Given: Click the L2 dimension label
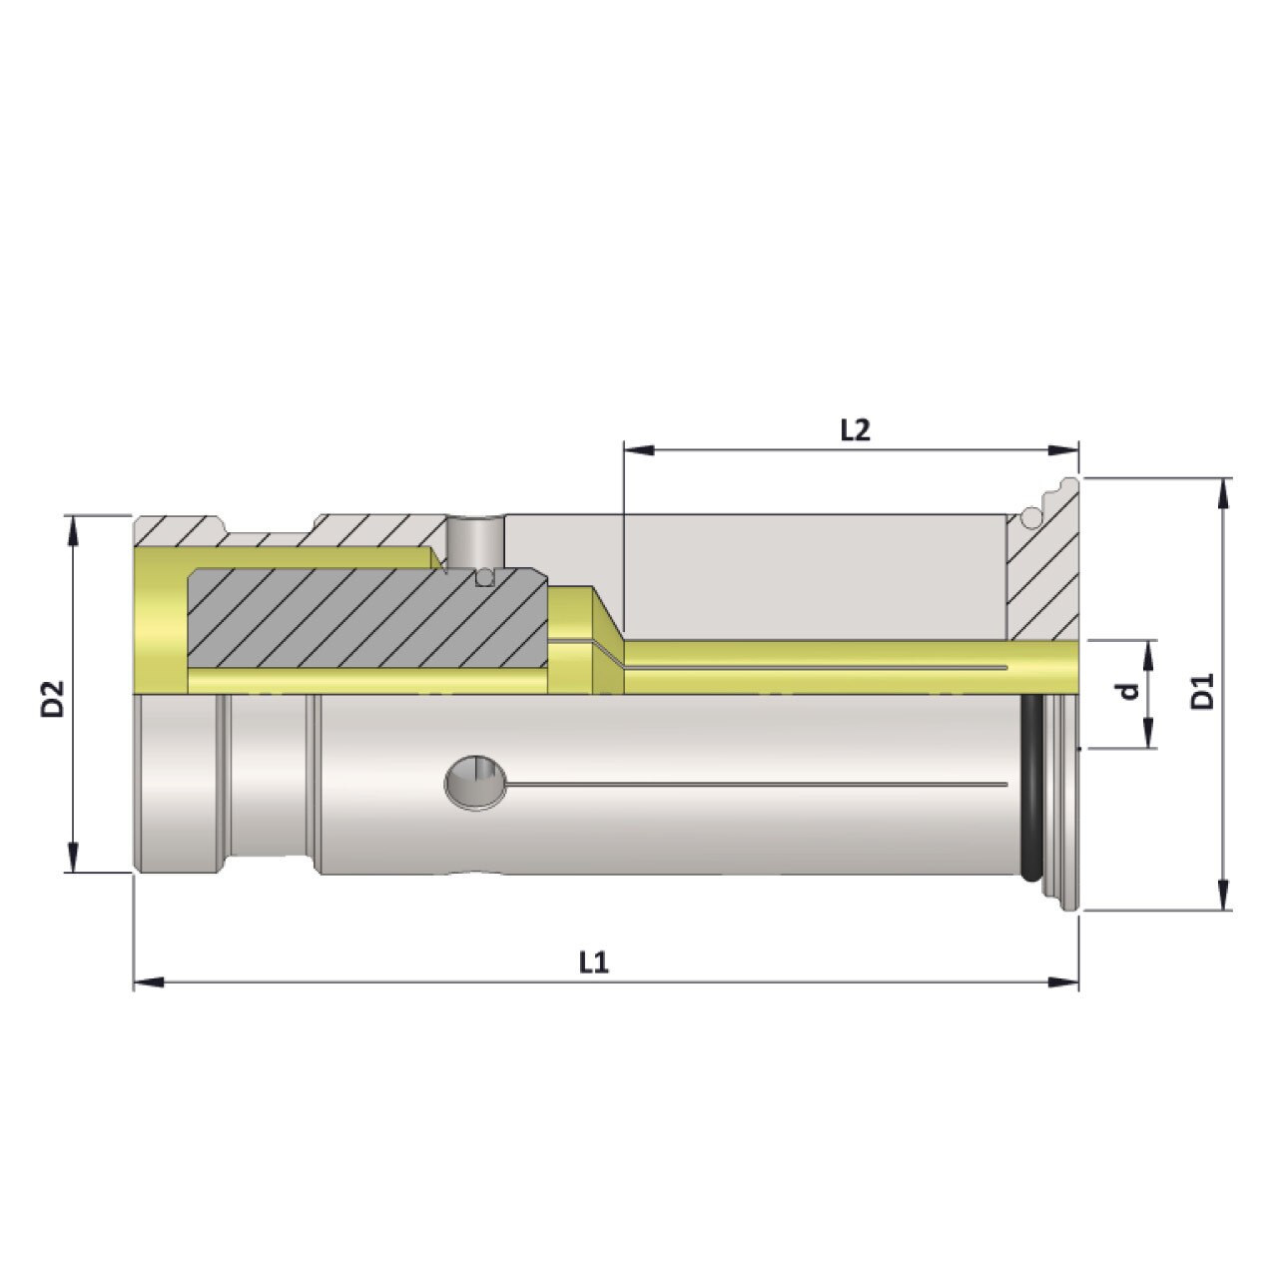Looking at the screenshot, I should [x=855, y=429].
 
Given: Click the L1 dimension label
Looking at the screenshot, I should [x=593, y=961].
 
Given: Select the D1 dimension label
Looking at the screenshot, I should [x=1204, y=692].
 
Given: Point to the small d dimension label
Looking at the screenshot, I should [x=1128, y=691].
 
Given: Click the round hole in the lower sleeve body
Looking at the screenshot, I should [x=475, y=781].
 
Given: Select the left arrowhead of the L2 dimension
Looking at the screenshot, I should [x=637, y=451].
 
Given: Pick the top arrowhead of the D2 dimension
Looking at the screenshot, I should [x=72, y=530].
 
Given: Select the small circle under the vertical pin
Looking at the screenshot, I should [x=486, y=576].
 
